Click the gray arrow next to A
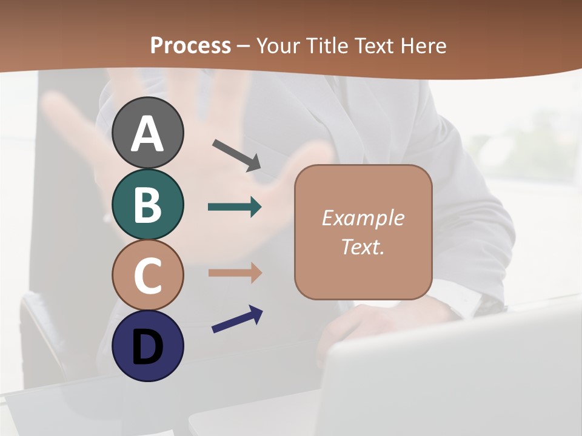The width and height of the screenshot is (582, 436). [x=236, y=154]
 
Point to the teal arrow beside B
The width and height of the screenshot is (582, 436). [x=235, y=207]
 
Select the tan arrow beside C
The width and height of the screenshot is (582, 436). [x=235, y=273]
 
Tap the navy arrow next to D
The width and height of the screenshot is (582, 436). [x=237, y=319]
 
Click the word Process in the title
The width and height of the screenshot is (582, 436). [x=190, y=45]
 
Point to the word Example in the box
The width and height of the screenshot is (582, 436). [x=363, y=218]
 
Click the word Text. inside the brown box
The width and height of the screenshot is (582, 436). [x=363, y=246]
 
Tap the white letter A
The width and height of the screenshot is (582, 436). [x=147, y=134]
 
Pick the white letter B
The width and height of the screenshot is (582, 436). [x=147, y=204]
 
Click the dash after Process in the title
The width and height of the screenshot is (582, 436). [x=244, y=46]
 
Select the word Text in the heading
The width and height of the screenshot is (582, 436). [x=375, y=45]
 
